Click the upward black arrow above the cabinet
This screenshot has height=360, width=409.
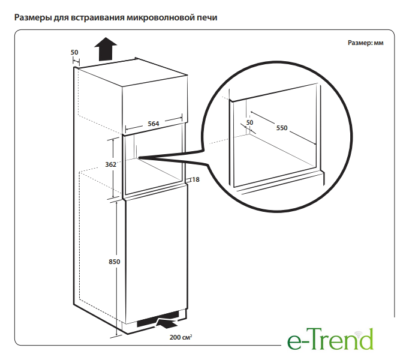(106, 49)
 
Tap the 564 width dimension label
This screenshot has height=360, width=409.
(153, 124)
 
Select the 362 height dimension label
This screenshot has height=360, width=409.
(110, 164)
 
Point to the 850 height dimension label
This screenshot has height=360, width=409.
(115, 262)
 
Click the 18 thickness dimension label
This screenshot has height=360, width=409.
(196, 179)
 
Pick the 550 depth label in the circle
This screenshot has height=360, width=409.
(282, 128)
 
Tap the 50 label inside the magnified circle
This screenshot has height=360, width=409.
(249, 122)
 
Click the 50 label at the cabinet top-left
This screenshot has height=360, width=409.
(74, 52)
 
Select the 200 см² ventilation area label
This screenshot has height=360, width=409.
(181, 337)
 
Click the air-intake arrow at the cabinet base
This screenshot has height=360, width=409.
(166, 323)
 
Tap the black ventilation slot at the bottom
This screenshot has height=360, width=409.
(158, 319)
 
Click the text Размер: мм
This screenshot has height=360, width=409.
(365, 43)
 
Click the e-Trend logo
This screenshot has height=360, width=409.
(330, 339)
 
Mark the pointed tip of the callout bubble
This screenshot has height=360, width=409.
(139, 158)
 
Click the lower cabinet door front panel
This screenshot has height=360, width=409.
(157, 254)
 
